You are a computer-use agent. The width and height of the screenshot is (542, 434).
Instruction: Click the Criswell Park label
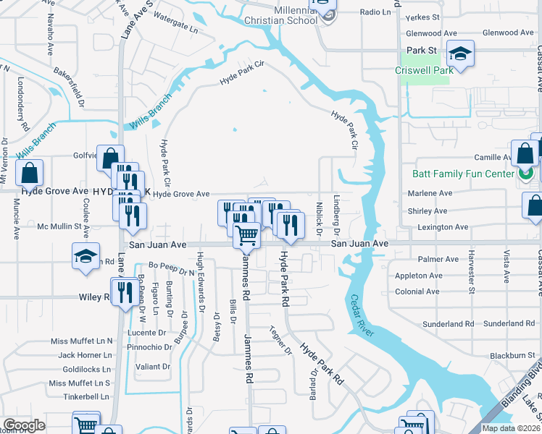(x=424, y=70)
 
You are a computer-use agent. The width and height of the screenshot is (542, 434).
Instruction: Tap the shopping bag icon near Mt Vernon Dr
(x=29, y=174)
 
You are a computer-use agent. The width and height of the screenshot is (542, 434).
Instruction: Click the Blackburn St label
(x=512, y=355)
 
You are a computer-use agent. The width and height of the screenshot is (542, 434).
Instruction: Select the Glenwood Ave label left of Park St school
(x=432, y=33)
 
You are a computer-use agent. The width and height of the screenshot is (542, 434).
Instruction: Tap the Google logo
(x=24, y=425)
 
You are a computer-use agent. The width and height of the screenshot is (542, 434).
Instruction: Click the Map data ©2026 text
(x=511, y=428)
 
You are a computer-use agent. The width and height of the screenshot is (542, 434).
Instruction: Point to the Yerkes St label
(x=423, y=17)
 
